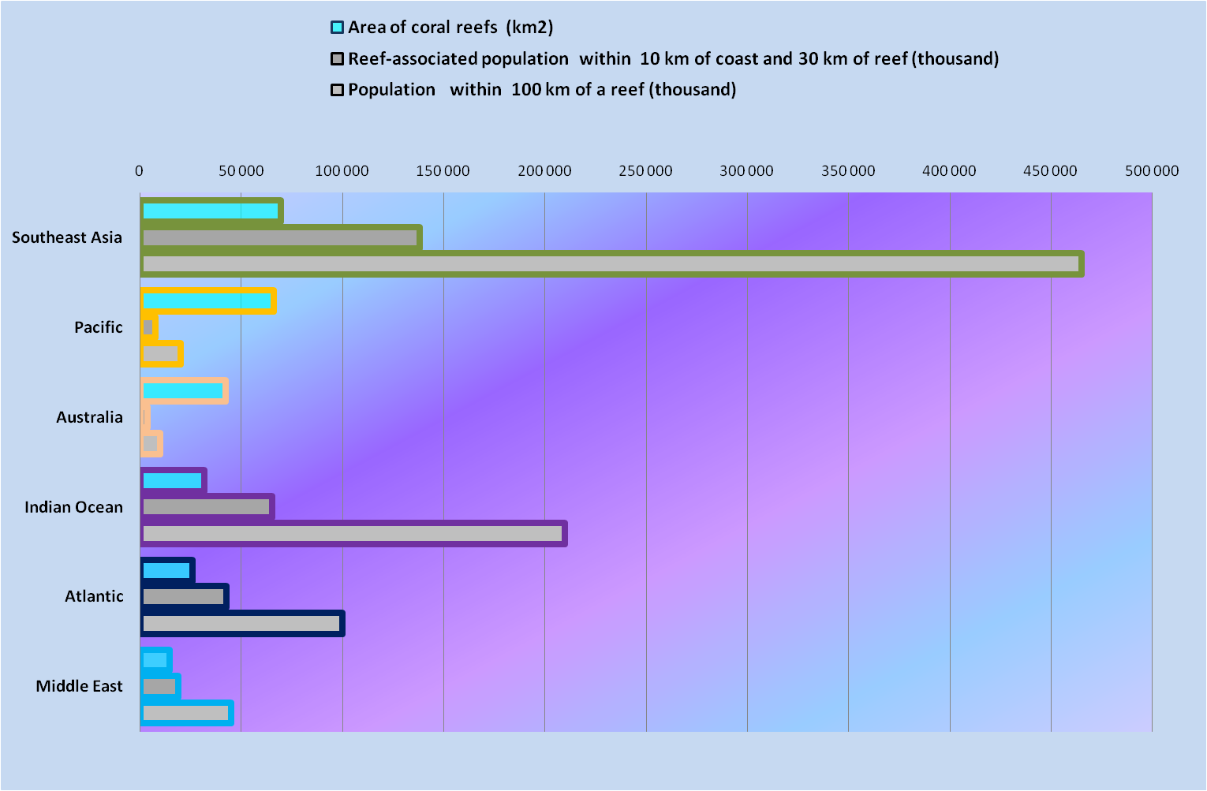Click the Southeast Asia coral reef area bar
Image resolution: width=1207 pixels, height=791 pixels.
click(x=211, y=211)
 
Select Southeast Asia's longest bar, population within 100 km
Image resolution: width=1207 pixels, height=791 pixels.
click(x=611, y=264)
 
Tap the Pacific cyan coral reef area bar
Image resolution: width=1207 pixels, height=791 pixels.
click(x=207, y=300)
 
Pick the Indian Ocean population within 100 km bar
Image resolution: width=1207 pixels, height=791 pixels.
click(x=353, y=534)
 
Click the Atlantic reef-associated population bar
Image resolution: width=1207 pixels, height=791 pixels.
click(x=184, y=596)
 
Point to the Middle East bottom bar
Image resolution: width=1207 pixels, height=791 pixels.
click(x=186, y=713)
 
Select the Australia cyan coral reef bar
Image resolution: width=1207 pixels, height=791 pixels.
click(x=183, y=390)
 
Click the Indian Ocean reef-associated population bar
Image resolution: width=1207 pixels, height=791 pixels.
click(x=207, y=507)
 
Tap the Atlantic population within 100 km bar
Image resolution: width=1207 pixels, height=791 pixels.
click(x=241, y=624)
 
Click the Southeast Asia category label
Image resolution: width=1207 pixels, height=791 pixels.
click(x=67, y=237)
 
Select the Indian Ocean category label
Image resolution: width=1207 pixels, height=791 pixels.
click(x=73, y=507)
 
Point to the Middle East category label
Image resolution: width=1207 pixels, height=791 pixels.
click(x=79, y=686)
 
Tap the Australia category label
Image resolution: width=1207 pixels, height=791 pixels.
click(x=89, y=417)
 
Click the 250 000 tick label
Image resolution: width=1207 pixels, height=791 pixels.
click(x=645, y=171)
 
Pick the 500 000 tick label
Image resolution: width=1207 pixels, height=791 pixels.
click(x=1152, y=171)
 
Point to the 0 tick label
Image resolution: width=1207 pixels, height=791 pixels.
click(x=140, y=171)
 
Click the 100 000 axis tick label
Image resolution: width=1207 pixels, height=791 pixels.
click(x=342, y=171)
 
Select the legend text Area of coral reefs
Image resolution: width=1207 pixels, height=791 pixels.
click(x=450, y=28)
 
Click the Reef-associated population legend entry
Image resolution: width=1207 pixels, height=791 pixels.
click(x=673, y=59)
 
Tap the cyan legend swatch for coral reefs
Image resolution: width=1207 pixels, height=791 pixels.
click(x=338, y=28)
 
